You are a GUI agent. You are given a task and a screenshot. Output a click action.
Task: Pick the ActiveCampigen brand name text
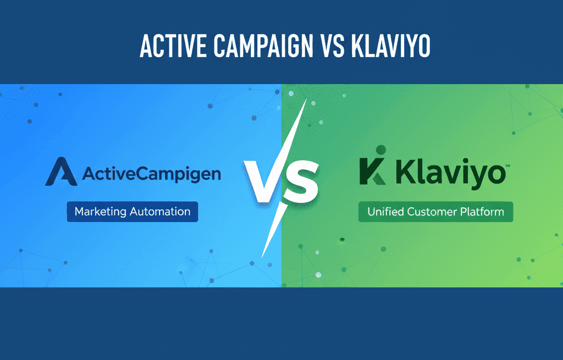(151, 175)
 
